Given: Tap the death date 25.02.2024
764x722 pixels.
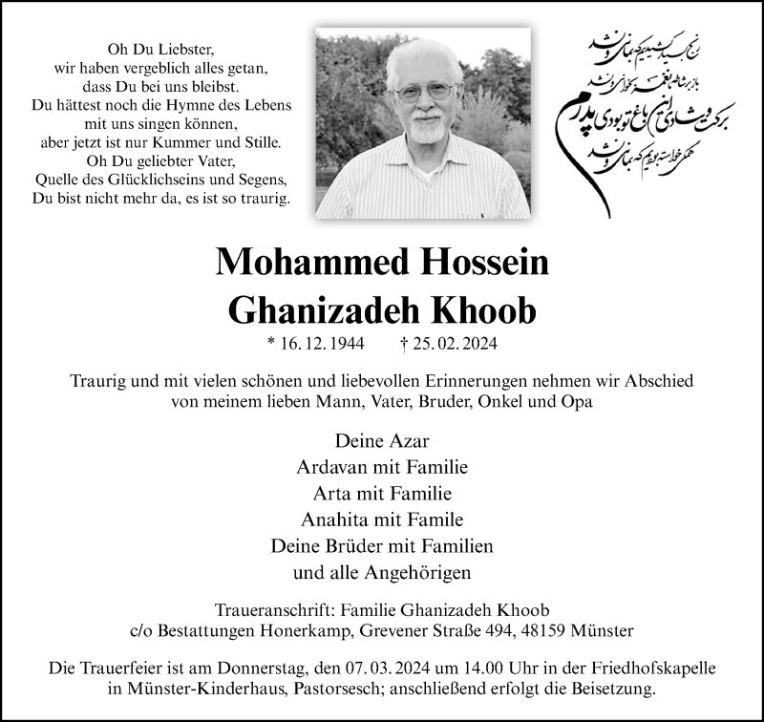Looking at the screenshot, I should pyautogui.click(x=456, y=344).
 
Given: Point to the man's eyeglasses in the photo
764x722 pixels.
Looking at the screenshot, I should pyautogui.click(x=424, y=92).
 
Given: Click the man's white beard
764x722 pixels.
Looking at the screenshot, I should pyautogui.click(x=426, y=127).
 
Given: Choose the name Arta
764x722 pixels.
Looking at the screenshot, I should pyautogui.click(x=331, y=494).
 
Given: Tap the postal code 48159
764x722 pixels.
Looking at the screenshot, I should pyautogui.click(x=548, y=631).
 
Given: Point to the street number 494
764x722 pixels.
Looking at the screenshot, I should pyautogui.click(x=512, y=631).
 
